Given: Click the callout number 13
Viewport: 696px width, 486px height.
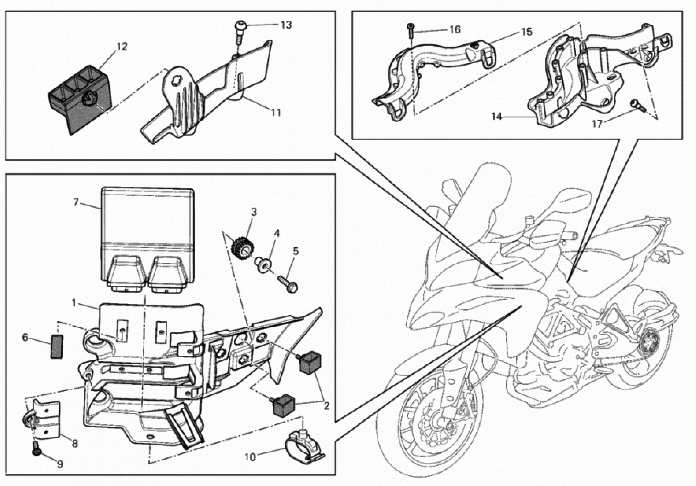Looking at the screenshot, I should [286, 25].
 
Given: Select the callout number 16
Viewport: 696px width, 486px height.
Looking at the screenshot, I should [455, 29].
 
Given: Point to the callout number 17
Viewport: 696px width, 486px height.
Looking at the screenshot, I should [597, 124].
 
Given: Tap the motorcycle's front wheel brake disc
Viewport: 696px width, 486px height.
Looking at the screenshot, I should [437, 425].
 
